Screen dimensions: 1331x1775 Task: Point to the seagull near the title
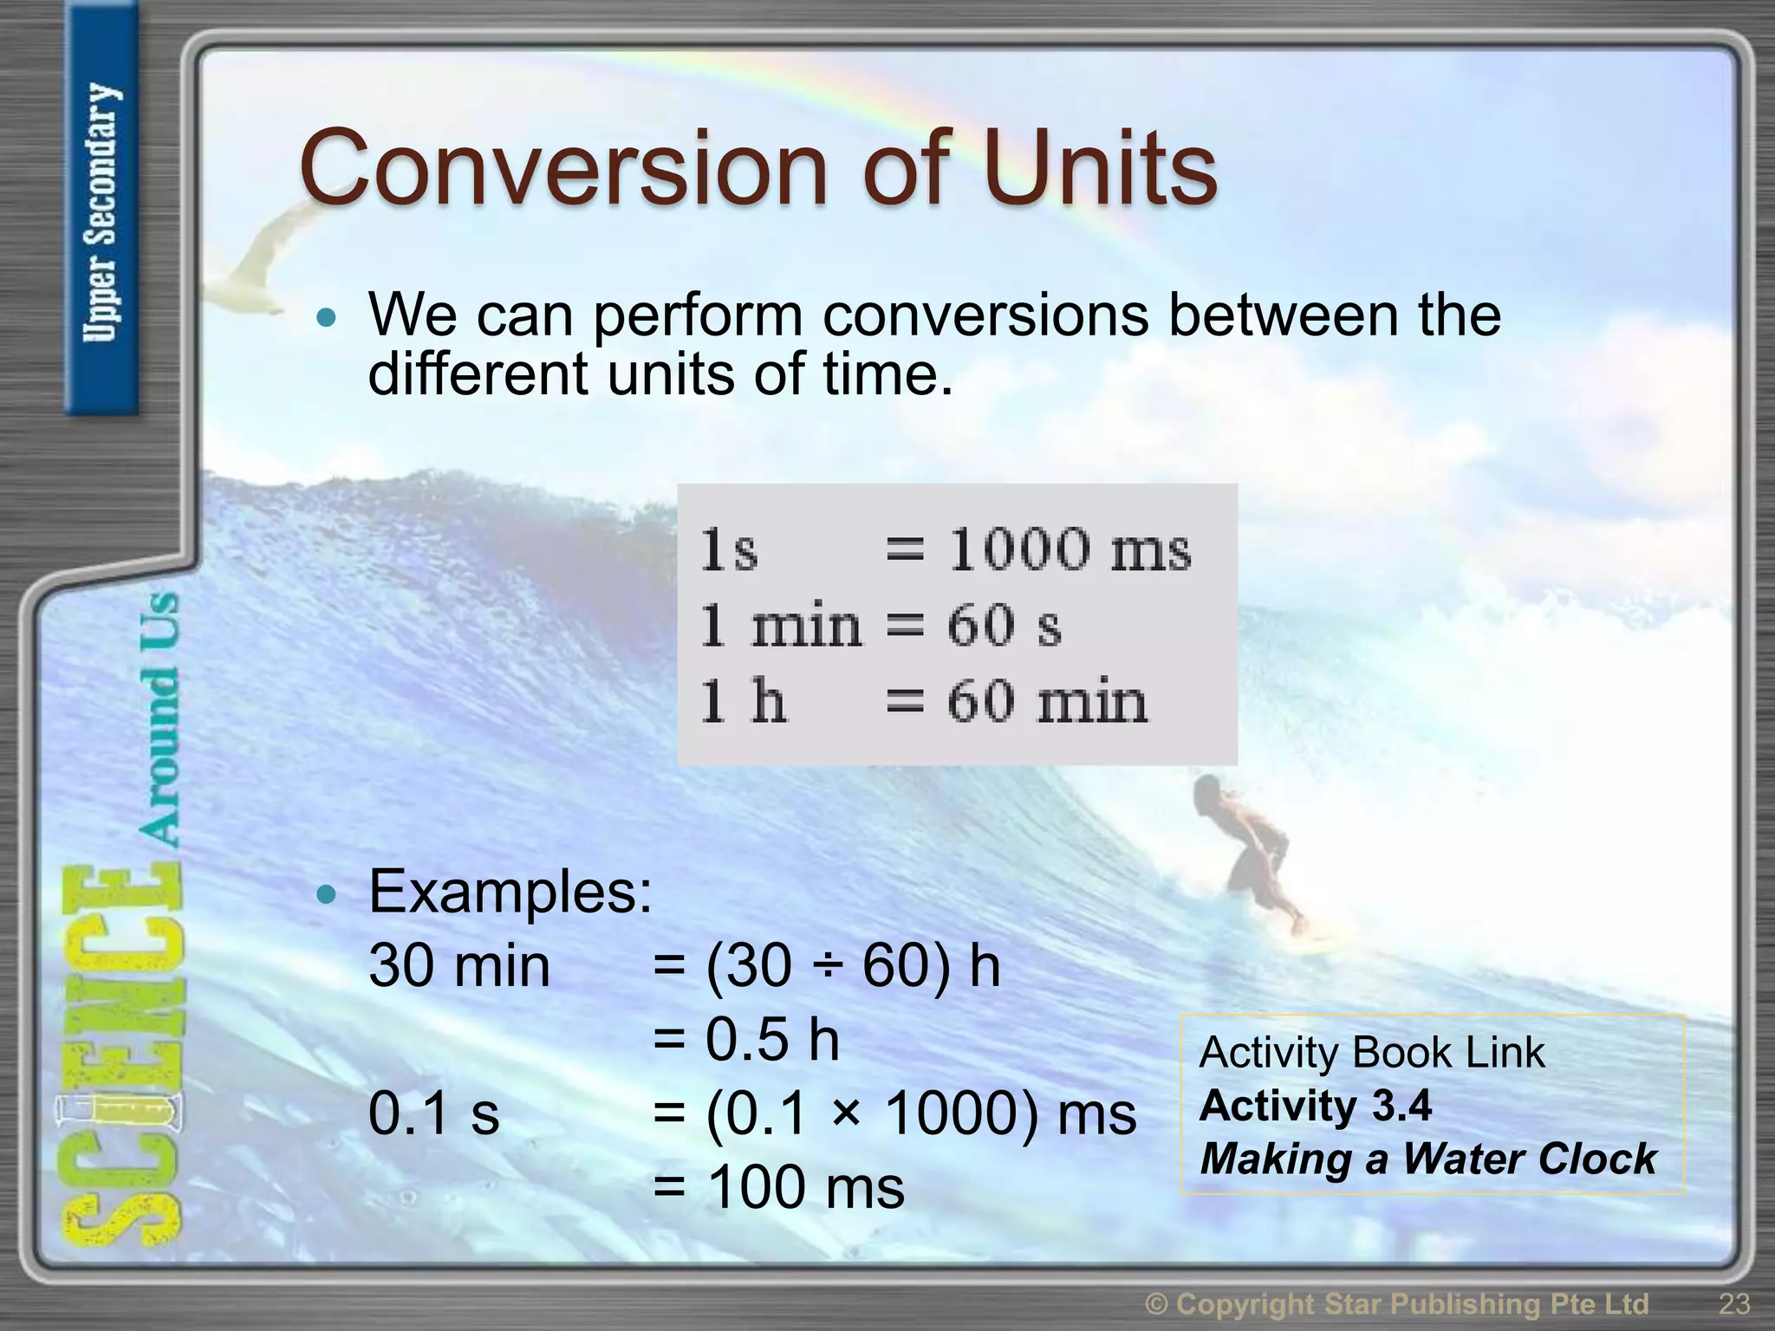pyautogui.click(x=260, y=260)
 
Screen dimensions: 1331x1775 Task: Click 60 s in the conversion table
pyautogui.click(x=1004, y=625)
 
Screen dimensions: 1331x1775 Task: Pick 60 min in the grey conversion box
pyautogui.click(x=1046, y=701)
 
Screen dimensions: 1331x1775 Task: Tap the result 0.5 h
pyautogui.click(x=771, y=1039)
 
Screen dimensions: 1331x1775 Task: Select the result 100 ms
pyautogui.click(x=805, y=1186)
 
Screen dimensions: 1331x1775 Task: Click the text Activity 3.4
pyautogui.click(x=1315, y=1106)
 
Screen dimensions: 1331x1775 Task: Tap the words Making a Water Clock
pyautogui.click(x=1427, y=1159)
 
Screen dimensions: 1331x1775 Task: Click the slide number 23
pyautogui.click(x=1733, y=1303)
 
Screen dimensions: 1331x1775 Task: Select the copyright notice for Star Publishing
pyautogui.click(x=1396, y=1303)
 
